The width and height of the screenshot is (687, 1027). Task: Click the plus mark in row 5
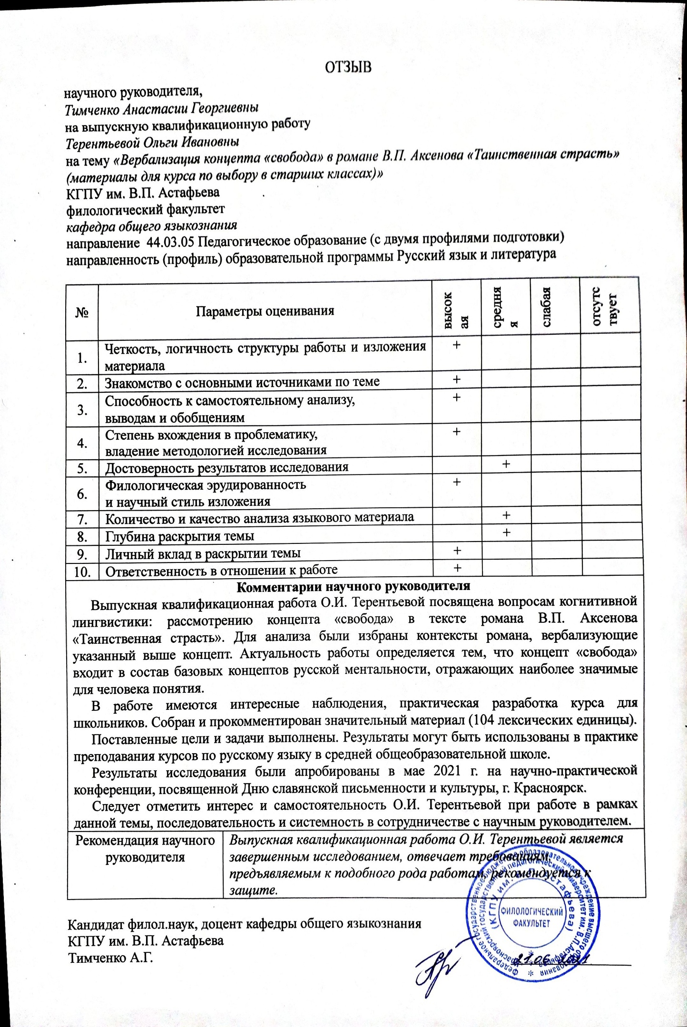[506, 463]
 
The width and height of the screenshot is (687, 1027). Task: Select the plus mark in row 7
[507, 515]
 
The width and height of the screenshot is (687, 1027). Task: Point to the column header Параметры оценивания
[265, 311]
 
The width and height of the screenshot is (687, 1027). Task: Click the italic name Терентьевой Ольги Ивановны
[152, 142]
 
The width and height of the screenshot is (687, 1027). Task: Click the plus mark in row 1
[456, 346]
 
